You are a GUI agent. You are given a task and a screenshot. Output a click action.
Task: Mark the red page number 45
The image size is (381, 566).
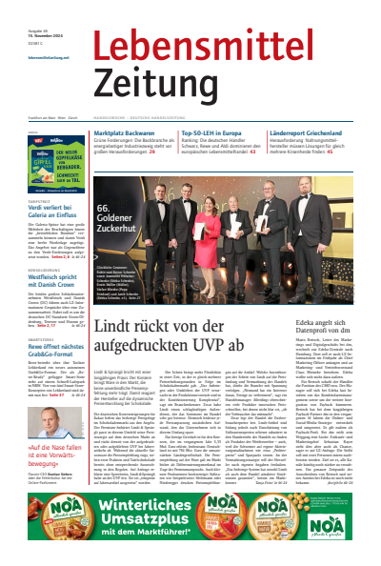point(356,152)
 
